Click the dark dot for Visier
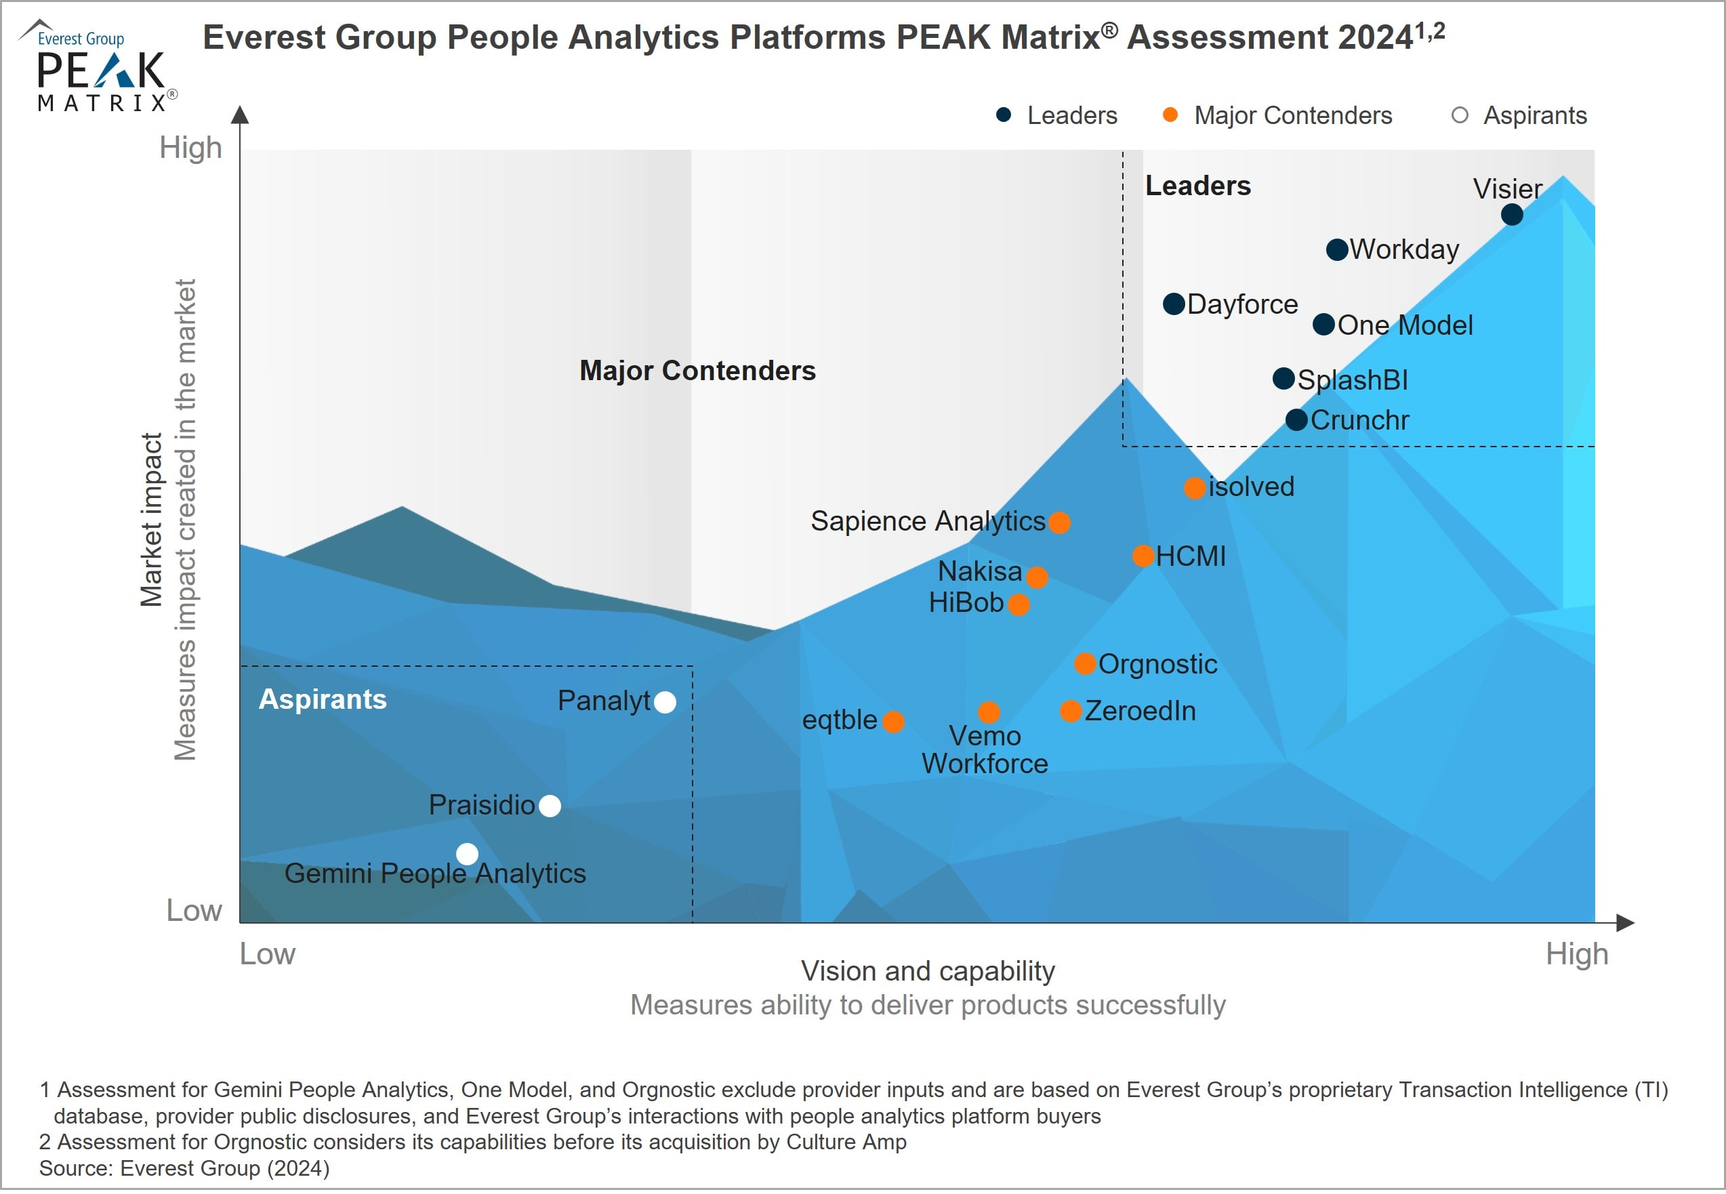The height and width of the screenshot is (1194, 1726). tap(1511, 215)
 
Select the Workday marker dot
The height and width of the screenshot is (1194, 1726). tap(1337, 249)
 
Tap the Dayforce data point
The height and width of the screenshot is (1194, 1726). tap(1174, 304)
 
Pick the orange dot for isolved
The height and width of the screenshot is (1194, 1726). tap(1195, 488)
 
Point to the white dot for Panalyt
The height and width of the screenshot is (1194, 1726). tap(665, 702)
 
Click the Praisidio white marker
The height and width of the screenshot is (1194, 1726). tap(550, 806)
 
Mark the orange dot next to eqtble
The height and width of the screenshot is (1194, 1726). tap(893, 721)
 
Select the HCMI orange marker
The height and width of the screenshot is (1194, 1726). tap(1143, 556)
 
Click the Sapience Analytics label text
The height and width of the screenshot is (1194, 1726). tap(928, 520)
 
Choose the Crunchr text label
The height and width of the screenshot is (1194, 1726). tap(1359, 419)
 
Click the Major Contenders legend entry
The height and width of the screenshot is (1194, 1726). tap(1292, 115)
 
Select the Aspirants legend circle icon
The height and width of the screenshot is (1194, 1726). tap(1459, 115)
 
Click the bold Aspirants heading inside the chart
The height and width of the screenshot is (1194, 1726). tap(323, 699)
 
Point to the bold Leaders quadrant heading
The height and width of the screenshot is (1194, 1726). tap(1198, 186)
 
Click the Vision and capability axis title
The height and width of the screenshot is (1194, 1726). tap(928, 970)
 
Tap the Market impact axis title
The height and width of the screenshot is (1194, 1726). tap(151, 519)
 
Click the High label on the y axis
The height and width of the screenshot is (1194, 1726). tap(191, 147)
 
